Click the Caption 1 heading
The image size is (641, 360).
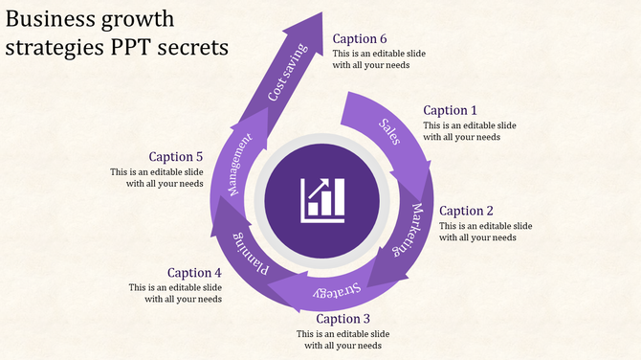coord(450,110)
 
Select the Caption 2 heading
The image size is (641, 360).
coord(466,211)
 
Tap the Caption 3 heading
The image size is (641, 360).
coord(343,319)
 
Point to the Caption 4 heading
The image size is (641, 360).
coord(194,273)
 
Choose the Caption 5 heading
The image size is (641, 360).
coord(176,156)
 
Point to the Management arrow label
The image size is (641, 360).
coord(239,166)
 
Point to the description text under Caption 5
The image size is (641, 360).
coord(157,177)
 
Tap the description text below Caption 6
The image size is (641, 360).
coord(380,59)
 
